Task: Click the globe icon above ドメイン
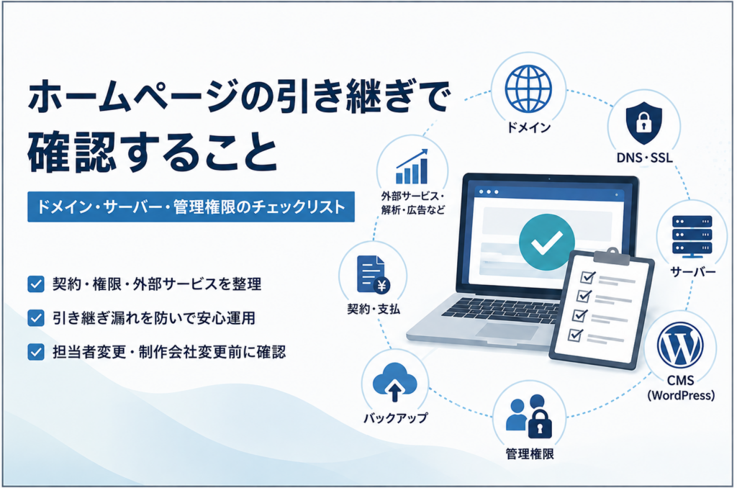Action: coord(528,89)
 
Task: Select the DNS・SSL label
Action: coord(644,158)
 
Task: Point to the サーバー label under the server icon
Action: coord(692,272)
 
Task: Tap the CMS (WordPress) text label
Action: coord(681,388)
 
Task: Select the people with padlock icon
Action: coord(529,415)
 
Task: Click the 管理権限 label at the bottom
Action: coord(529,453)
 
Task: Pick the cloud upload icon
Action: coord(394,382)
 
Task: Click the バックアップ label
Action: coord(395,417)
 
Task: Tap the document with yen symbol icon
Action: coord(373,276)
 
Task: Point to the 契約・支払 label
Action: coord(374,309)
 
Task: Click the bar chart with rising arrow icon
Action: coord(412,166)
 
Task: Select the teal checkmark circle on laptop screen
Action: coord(546,242)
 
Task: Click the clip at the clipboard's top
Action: coord(612,257)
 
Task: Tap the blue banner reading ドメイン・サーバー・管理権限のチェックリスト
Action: coord(191,207)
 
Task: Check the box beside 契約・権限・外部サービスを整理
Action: coord(36,284)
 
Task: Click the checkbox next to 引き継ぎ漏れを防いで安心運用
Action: coord(36,318)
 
